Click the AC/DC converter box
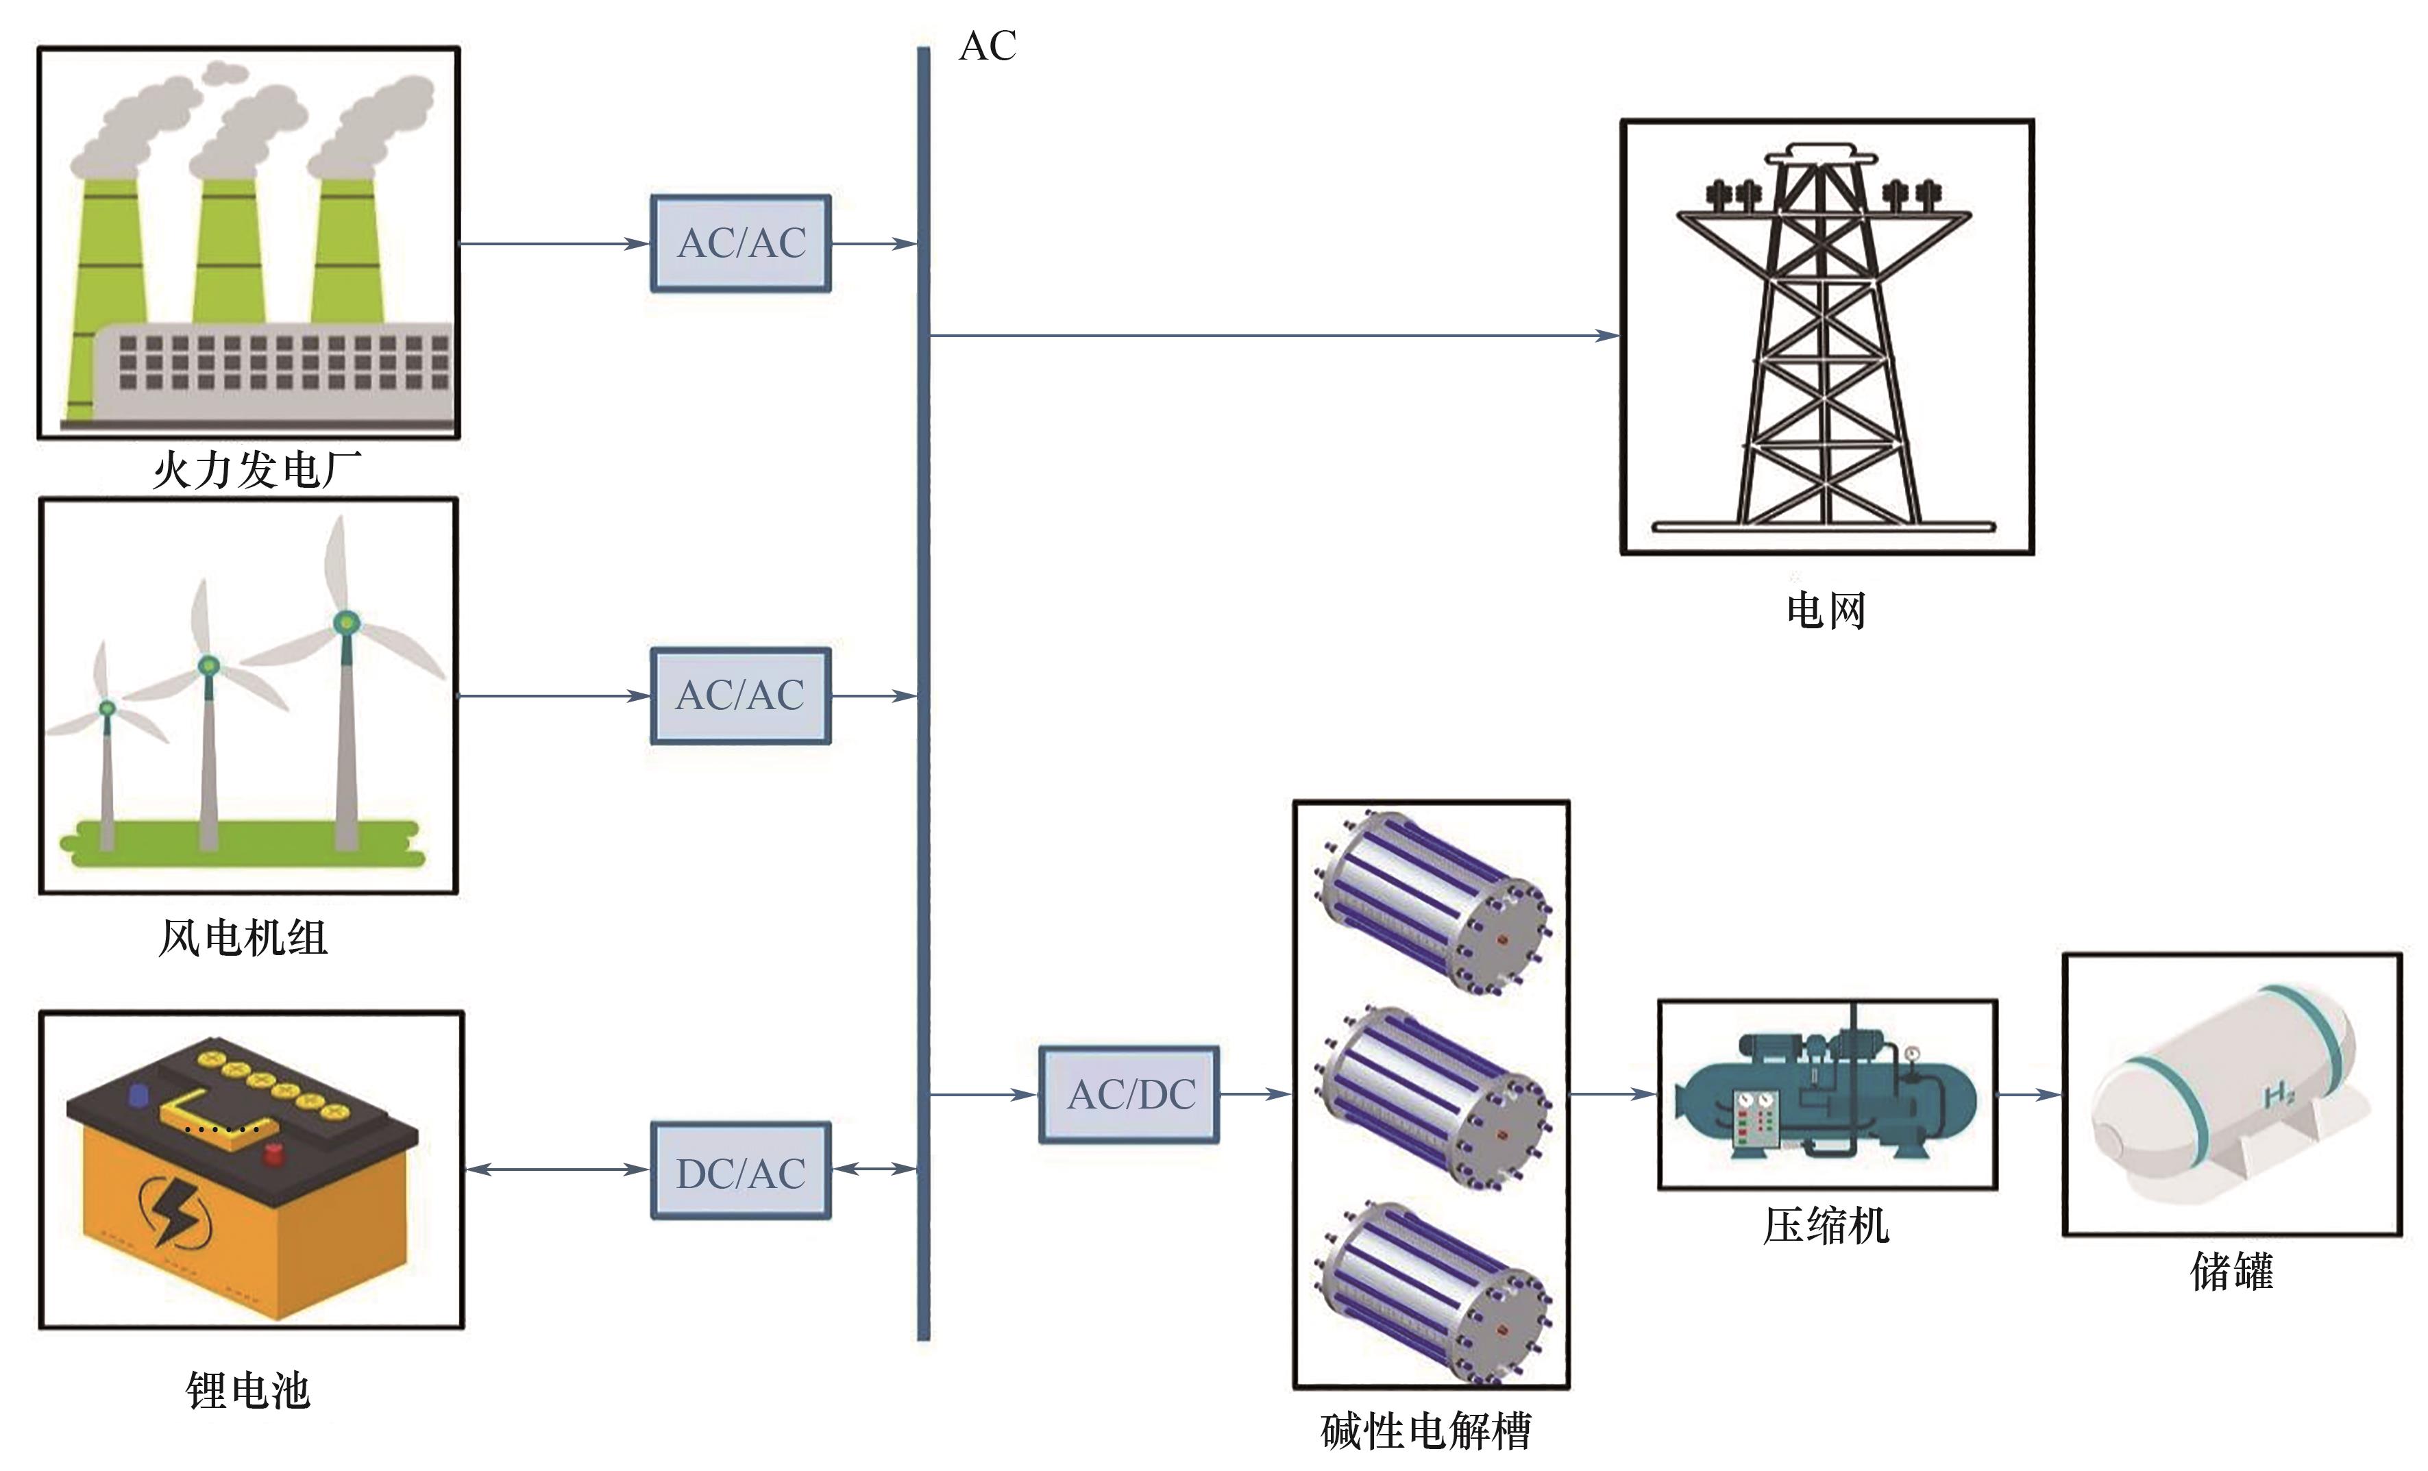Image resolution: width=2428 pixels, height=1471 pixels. (1129, 1095)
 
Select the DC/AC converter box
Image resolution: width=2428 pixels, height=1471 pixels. (741, 1172)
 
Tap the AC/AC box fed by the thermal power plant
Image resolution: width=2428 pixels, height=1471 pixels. (741, 243)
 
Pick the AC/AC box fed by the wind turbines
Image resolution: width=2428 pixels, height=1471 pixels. (741, 695)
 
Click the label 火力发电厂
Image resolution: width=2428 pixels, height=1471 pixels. (256, 470)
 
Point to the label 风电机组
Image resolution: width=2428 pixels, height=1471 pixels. (243, 937)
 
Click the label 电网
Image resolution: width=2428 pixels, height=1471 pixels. (1826, 610)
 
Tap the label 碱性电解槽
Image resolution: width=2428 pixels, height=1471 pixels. (1426, 1431)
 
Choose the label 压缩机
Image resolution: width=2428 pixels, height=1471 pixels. (1826, 1226)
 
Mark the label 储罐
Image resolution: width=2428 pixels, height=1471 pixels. (2232, 1271)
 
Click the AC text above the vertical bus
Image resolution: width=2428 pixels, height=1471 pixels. (988, 47)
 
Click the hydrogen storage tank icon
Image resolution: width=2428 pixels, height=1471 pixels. (2232, 1093)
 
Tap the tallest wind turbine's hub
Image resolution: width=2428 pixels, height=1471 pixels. (346, 621)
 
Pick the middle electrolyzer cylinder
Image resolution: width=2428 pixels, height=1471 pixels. (1431, 1097)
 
